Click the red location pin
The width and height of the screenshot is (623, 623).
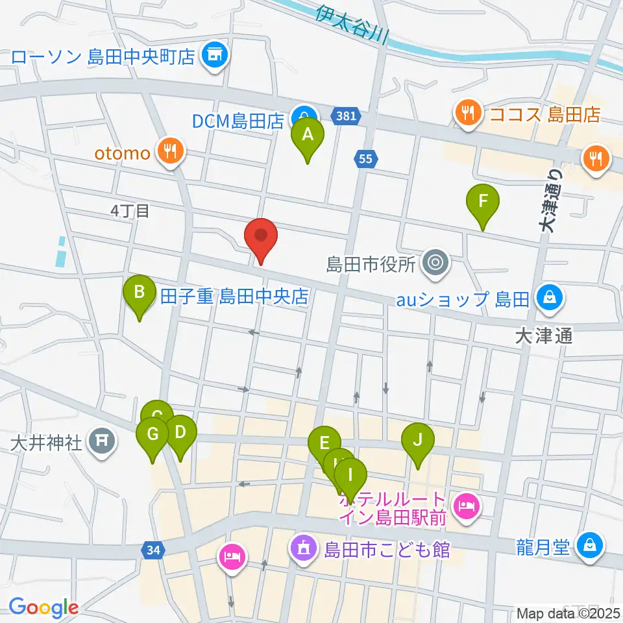point(261,237)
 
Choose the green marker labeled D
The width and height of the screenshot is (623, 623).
point(180,433)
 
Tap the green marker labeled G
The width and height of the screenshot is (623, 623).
point(153,435)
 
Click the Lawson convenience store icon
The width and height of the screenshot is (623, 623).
point(212,57)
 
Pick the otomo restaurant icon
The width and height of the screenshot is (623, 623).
point(171,153)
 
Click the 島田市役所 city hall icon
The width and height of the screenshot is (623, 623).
point(433,263)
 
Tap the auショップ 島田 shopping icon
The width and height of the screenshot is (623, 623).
point(550,299)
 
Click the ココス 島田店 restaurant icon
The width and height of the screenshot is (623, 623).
point(467,114)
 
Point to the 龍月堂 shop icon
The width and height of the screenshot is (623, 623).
point(590,545)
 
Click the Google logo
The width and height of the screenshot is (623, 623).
point(43,607)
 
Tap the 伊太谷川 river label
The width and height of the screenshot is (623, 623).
point(351,25)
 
